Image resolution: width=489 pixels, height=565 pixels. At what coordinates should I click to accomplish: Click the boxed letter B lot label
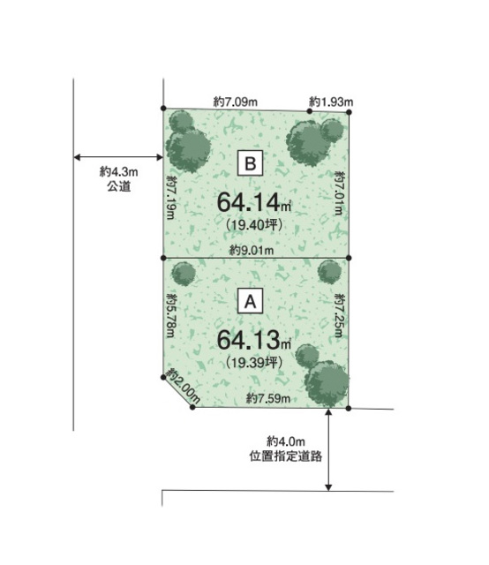(x=250, y=163)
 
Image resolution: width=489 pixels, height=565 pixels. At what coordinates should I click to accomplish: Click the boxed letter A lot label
(x=250, y=301)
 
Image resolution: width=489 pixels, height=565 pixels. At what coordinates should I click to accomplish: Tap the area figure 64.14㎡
(x=254, y=202)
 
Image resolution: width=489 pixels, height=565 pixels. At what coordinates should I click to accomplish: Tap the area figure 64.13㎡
(x=254, y=339)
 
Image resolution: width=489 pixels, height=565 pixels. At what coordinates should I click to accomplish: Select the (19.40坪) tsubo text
(x=254, y=225)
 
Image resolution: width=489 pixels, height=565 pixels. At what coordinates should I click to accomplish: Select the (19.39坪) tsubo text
(x=254, y=362)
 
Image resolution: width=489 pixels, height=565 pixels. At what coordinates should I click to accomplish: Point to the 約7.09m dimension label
(x=236, y=102)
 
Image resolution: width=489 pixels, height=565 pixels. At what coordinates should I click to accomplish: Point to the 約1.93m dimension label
(x=331, y=102)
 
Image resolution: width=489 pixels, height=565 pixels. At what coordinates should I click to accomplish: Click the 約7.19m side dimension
(x=171, y=197)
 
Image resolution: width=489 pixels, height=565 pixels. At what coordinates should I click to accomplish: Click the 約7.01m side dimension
(x=339, y=193)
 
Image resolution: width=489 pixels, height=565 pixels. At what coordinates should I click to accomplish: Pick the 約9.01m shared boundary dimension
(x=252, y=250)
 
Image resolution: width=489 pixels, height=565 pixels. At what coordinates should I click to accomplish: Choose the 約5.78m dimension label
(x=171, y=316)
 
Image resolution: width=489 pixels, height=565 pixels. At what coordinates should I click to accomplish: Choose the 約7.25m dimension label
(x=339, y=316)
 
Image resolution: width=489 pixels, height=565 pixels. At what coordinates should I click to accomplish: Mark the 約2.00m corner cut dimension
(x=184, y=386)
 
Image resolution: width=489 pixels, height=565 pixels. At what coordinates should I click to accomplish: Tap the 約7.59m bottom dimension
(x=268, y=398)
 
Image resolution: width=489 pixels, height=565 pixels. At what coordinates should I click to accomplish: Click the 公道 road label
(x=118, y=186)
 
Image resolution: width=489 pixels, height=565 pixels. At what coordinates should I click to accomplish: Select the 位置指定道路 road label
(x=286, y=456)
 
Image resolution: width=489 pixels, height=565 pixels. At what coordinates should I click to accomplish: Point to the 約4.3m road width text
(x=118, y=171)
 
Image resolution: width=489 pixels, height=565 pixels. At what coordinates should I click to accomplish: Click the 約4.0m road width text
(x=286, y=441)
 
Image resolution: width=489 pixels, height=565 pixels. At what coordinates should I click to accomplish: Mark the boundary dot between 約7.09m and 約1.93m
(x=309, y=111)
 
